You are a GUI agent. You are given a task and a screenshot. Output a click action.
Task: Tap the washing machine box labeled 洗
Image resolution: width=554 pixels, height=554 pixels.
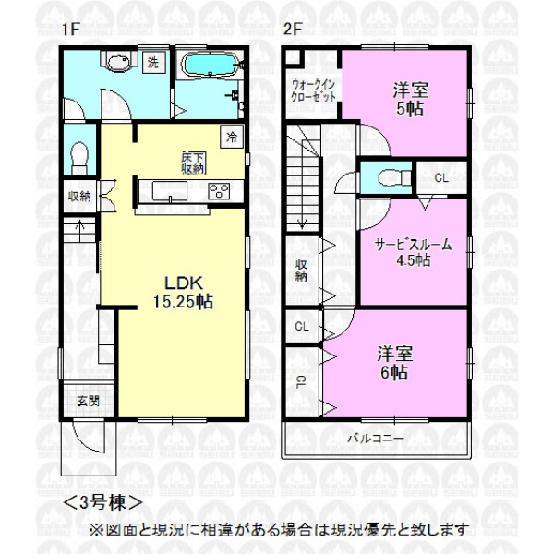[x=153, y=63]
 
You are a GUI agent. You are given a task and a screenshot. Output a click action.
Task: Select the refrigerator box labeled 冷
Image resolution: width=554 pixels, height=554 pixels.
[x=232, y=137]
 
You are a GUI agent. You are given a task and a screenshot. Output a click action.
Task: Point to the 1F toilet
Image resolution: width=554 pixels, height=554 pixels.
[x=79, y=158]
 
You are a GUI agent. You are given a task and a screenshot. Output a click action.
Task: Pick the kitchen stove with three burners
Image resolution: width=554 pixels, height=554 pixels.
[x=219, y=192]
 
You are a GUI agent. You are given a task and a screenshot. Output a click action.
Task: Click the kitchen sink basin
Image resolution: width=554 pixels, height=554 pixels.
[x=170, y=191]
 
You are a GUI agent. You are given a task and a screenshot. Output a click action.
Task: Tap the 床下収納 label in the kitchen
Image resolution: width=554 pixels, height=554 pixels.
[x=194, y=163]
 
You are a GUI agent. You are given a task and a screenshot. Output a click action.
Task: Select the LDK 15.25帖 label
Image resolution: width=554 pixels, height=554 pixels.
[x=184, y=293]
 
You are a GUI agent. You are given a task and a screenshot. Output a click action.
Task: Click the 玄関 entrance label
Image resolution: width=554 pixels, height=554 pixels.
[x=89, y=401]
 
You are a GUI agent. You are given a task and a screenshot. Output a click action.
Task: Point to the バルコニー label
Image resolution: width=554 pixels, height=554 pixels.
[x=376, y=439]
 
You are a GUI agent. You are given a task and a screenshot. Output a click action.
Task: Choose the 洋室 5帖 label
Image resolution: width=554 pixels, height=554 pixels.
[x=410, y=99]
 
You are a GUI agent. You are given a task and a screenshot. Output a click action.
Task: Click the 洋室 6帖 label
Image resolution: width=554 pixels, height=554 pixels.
[x=394, y=363]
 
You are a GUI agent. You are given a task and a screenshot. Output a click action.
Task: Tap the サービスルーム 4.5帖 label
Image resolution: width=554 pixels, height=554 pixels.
[x=414, y=252]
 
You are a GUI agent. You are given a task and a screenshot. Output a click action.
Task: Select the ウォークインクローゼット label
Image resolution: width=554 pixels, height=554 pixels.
[x=313, y=91]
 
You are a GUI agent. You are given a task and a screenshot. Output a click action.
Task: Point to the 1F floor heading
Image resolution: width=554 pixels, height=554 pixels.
[x=70, y=29]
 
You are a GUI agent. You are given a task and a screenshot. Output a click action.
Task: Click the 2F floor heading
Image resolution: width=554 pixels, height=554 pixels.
[x=292, y=29]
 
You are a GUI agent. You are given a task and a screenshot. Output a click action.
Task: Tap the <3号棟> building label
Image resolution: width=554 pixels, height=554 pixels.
[x=102, y=502]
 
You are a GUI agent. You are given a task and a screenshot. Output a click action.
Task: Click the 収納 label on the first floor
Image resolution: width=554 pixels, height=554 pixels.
[x=79, y=197]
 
